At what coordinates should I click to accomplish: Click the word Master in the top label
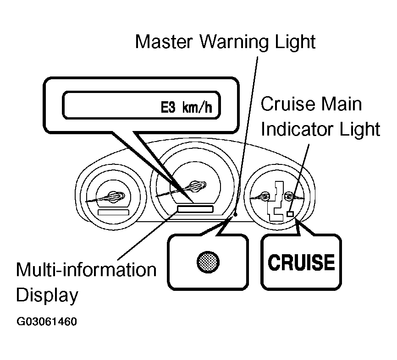click(x=164, y=42)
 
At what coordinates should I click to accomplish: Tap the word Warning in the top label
click(x=234, y=42)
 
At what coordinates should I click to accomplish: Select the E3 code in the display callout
click(x=168, y=107)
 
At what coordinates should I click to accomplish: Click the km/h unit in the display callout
click(x=197, y=107)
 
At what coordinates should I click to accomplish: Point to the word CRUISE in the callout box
click(x=301, y=262)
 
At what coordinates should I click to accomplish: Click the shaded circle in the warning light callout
click(x=208, y=262)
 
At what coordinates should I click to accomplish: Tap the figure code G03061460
click(x=47, y=322)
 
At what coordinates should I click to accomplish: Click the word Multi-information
click(x=86, y=270)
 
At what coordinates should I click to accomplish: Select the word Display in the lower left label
click(x=47, y=295)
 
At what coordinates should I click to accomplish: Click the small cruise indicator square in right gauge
click(x=290, y=214)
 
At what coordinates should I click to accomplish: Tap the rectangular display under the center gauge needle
click(x=195, y=209)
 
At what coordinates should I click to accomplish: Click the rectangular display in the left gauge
click(x=113, y=212)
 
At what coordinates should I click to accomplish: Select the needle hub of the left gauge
click(x=116, y=196)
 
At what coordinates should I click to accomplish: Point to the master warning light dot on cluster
click(x=236, y=214)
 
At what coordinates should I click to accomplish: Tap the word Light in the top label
click(x=296, y=42)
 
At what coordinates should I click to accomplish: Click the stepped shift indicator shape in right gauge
click(x=276, y=202)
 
